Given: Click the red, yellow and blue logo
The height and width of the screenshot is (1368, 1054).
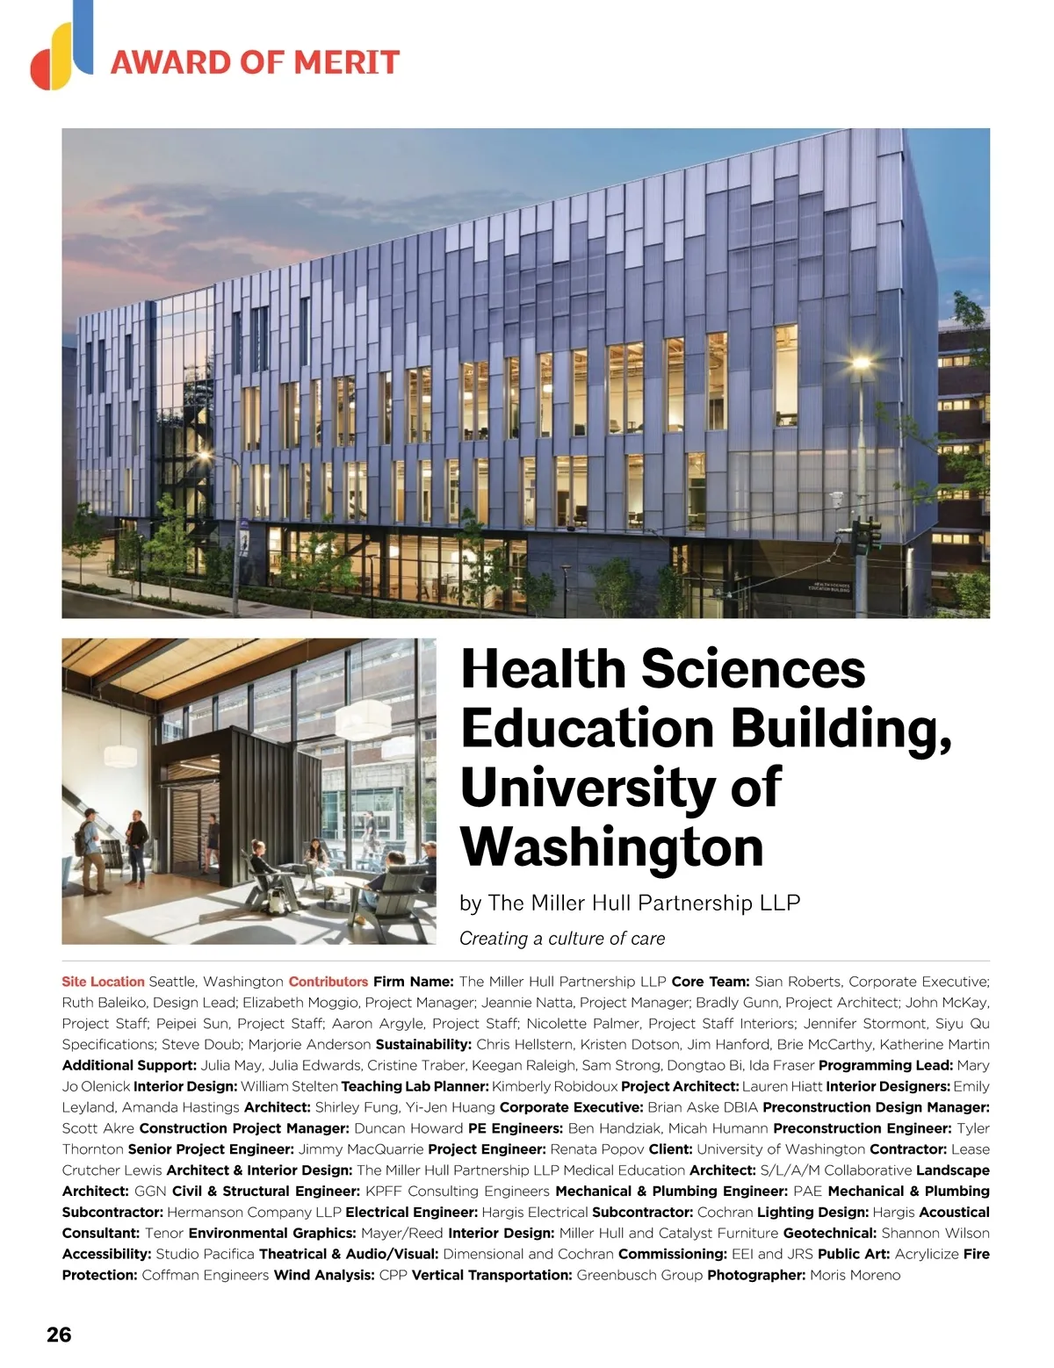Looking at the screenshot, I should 61,48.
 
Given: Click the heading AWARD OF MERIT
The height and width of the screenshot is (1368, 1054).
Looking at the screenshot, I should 255,62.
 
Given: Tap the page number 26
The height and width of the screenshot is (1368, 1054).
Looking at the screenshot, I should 59,1335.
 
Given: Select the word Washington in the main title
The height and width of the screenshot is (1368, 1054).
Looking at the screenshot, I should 612,846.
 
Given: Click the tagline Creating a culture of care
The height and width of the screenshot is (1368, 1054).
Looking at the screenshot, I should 562,939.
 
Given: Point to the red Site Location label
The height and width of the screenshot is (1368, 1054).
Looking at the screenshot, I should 103,982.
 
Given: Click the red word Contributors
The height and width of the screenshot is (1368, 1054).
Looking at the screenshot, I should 328,982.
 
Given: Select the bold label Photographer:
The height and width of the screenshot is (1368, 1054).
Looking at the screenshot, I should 756,1275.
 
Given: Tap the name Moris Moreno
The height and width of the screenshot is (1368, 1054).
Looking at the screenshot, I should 855,1275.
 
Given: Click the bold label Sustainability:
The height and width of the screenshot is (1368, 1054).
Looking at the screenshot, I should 423,1045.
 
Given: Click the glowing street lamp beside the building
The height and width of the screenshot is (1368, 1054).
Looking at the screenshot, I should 861,363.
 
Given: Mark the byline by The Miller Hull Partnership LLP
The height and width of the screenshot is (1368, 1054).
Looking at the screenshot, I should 630,903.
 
